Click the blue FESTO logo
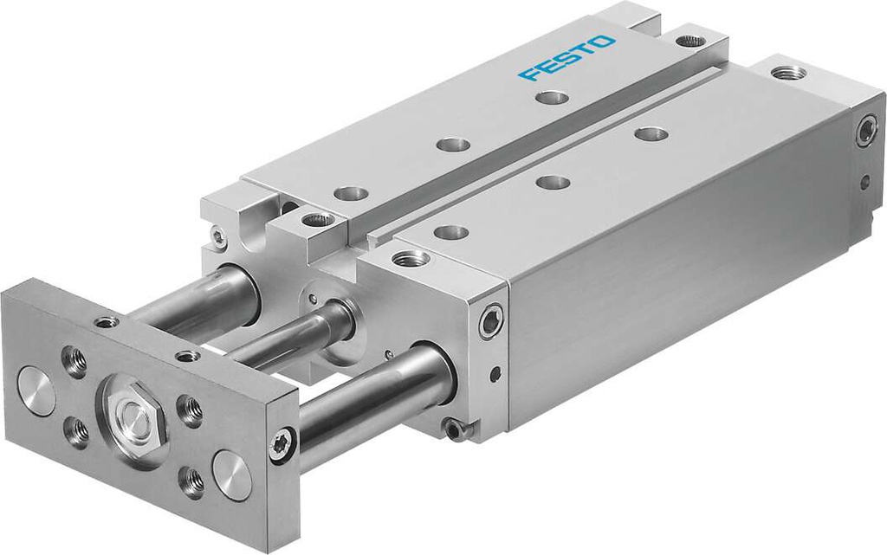tap(567, 57)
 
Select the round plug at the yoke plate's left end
tap(36, 390)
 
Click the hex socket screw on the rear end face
tap(866, 132)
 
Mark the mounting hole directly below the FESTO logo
tap(551, 97)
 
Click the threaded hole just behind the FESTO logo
tap(690, 41)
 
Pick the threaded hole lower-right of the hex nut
tap(192, 481)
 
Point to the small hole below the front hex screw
tap(495, 375)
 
